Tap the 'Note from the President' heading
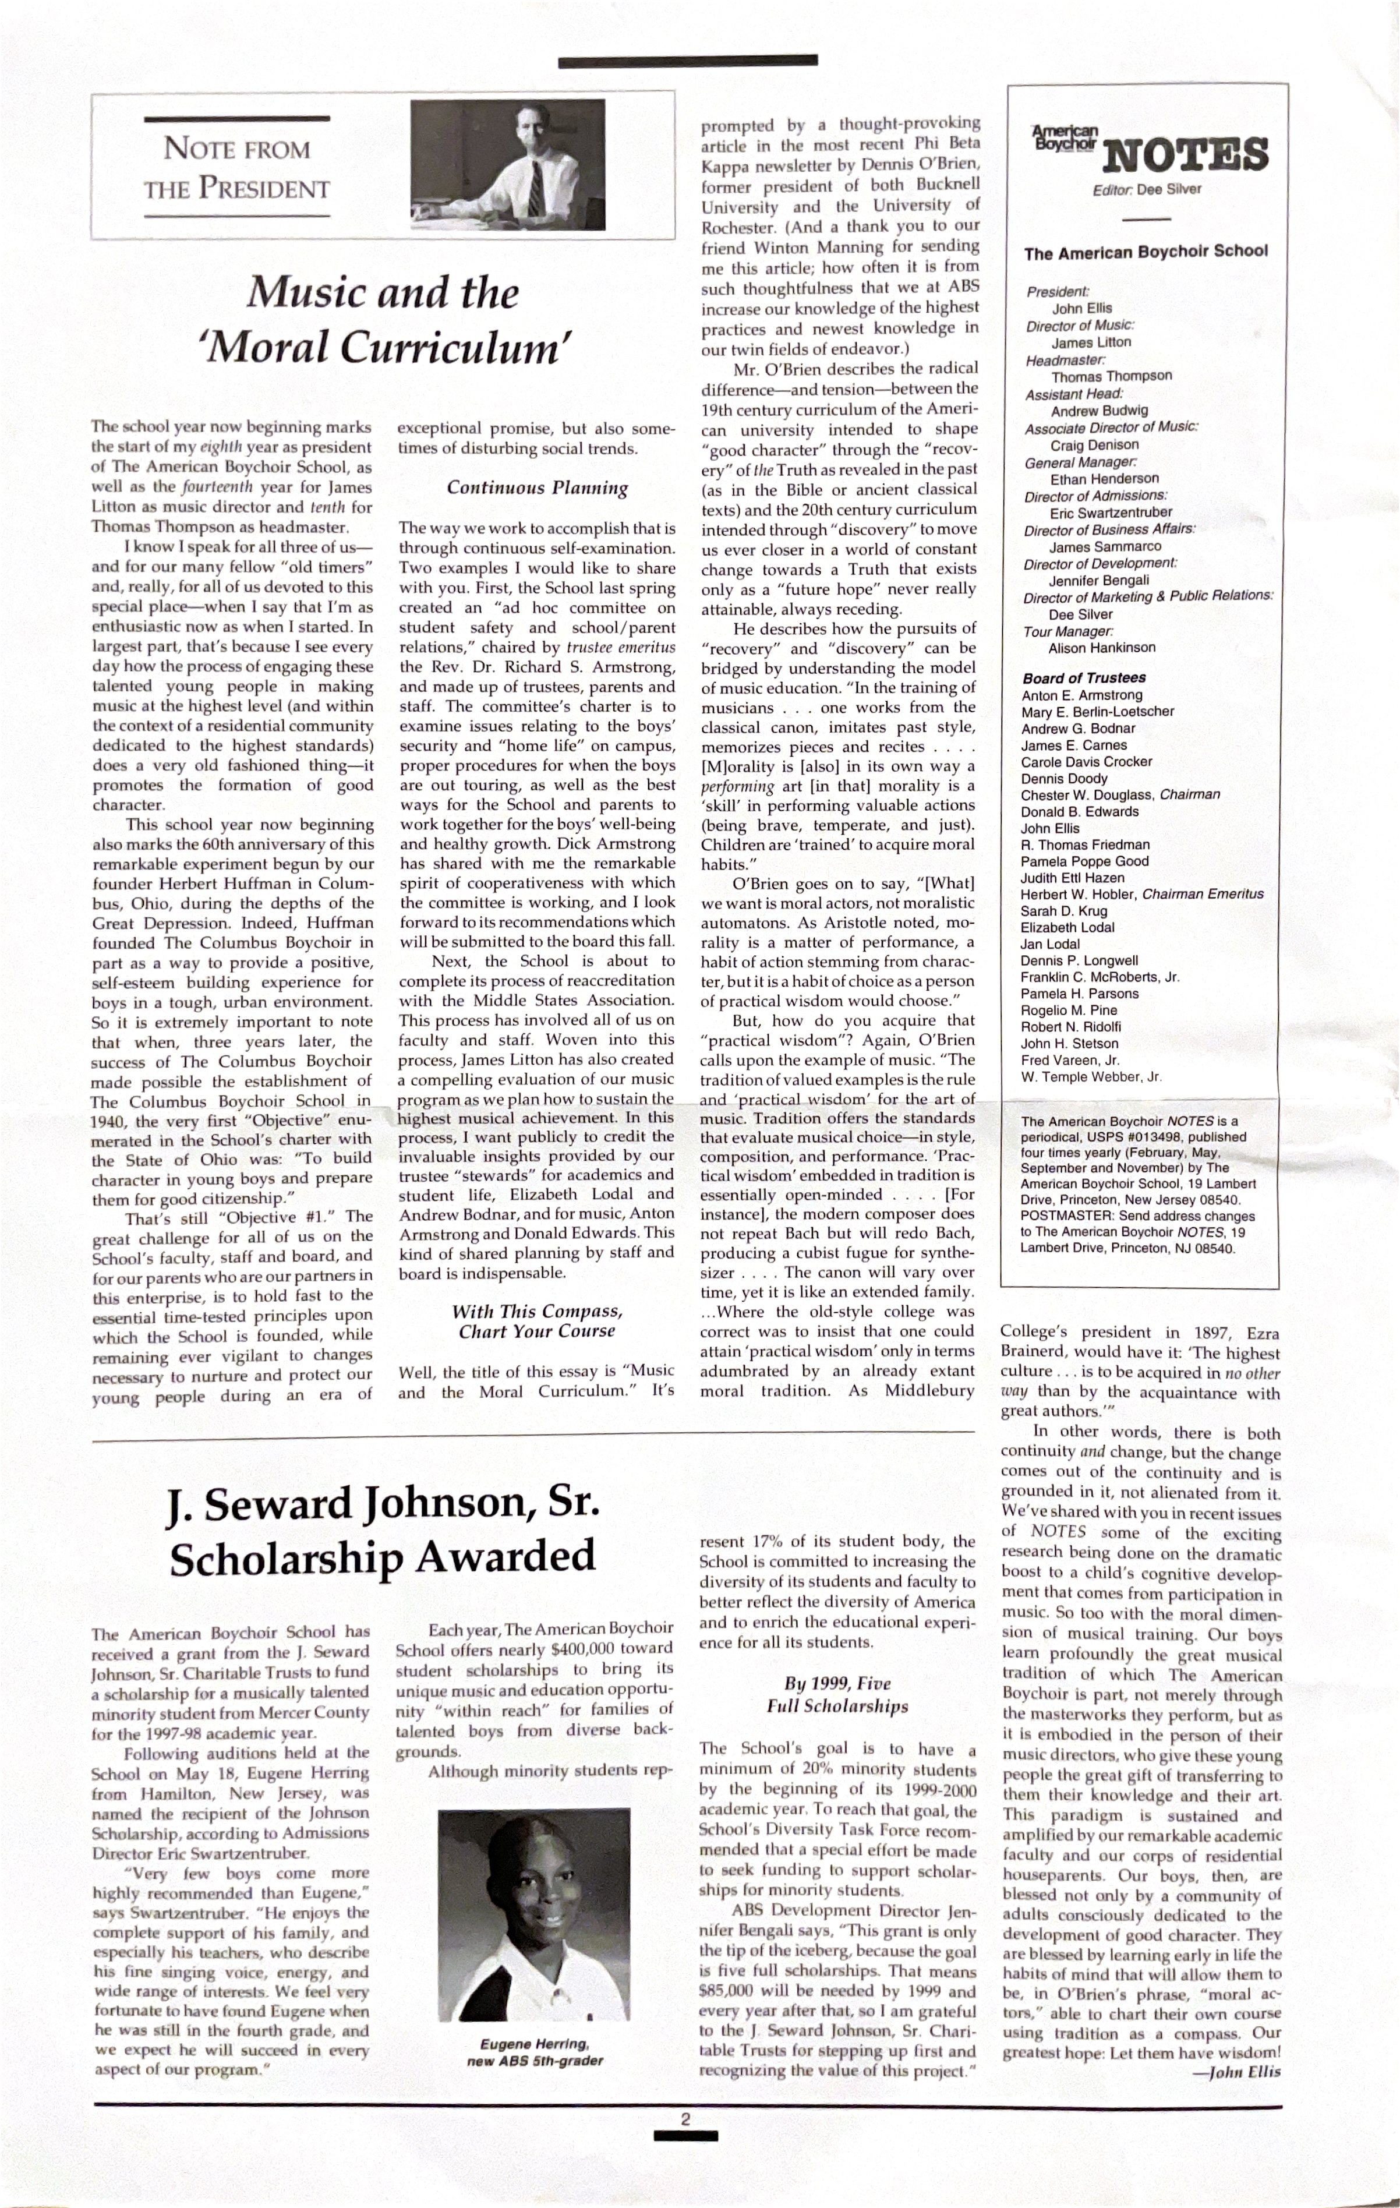tap(236, 168)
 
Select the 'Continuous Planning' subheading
tap(538, 488)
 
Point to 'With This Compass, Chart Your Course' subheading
tap(538, 1322)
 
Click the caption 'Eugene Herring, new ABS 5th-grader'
tap(535, 2053)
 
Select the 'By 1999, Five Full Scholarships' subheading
tap(837, 1694)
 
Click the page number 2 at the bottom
tap(685, 2118)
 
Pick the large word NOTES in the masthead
tap(1186, 154)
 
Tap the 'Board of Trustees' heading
tap(1084, 677)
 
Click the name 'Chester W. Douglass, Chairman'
tap(1120, 795)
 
